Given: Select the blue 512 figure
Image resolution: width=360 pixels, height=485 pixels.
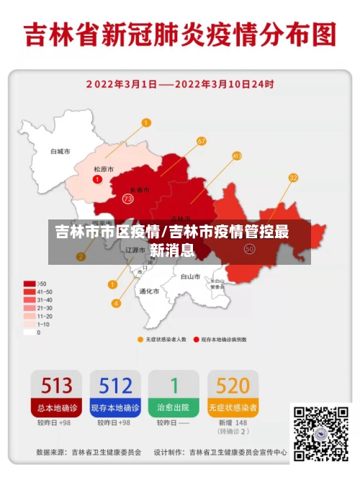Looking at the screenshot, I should tap(116, 385).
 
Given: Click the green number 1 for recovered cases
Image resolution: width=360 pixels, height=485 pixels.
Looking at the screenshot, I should tap(174, 385).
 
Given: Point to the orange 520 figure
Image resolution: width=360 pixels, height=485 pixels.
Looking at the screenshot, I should tap(233, 385).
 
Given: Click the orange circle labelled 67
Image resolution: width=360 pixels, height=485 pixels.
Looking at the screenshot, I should tap(201, 141).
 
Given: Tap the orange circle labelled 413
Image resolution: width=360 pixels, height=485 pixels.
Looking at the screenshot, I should tap(237, 155).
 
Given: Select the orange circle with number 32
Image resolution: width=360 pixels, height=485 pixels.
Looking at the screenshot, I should tap(293, 177).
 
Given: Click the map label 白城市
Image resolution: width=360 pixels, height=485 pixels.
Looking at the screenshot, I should tap(60, 152).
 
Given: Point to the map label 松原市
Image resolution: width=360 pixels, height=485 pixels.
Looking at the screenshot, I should tap(104, 169).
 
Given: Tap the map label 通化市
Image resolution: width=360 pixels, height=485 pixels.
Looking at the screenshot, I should tap(149, 291).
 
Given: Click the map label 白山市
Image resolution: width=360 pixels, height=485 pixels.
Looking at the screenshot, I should tap(190, 276).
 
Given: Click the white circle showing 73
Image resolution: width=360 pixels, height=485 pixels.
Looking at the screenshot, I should tap(128, 199).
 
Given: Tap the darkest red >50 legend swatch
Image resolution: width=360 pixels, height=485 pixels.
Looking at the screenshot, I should tap(30, 284).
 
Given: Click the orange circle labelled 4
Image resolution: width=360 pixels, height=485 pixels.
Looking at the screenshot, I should tap(116, 303).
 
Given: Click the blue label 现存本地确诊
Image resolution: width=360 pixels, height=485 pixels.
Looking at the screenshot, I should tap(116, 407).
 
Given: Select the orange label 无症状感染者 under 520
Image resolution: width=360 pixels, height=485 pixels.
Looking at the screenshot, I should tap(233, 407).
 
